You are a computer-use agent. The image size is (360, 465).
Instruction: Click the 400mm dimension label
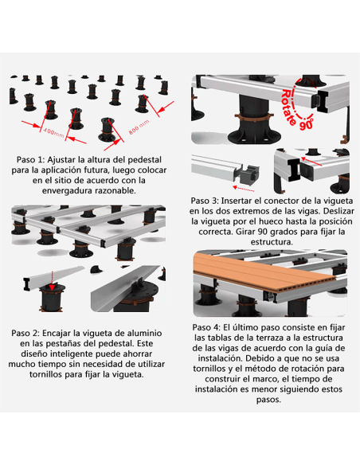(53, 132)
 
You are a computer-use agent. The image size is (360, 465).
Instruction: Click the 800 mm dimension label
(139, 127)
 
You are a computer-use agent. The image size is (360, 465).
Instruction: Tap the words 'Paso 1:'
(30, 159)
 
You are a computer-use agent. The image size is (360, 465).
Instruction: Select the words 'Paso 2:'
(25, 333)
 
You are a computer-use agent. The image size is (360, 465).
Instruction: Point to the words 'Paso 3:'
(205, 201)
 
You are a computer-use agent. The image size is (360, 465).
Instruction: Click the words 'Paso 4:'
(206, 327)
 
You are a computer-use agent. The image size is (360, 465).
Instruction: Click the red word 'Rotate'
(288, 107)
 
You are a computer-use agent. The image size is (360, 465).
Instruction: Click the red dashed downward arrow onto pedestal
(53, 280)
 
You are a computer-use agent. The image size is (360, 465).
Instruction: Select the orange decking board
(264, 273)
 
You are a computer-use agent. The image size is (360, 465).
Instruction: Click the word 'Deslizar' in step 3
(338, 211)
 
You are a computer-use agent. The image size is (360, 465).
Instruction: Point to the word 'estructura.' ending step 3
(272, 242)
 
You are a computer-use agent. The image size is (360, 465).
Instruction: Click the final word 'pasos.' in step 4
(268, 400)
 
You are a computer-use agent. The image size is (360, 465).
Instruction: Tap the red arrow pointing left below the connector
(244, 188)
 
